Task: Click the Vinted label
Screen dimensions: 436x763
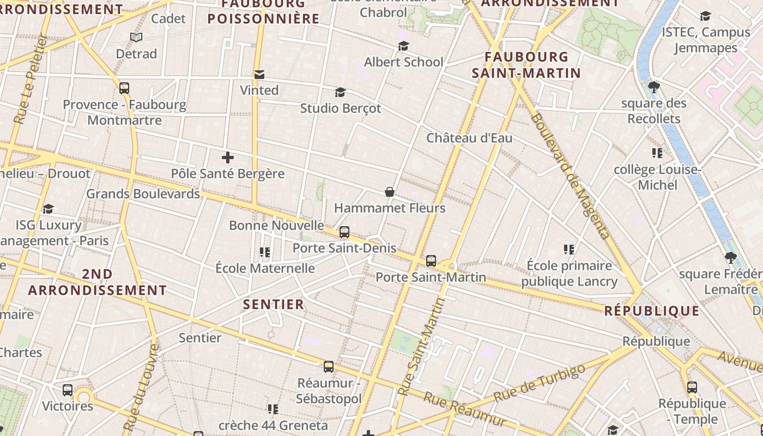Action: point(259,90)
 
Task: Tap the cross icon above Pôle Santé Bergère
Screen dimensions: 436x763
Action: point(228,158)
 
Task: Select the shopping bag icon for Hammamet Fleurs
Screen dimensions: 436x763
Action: point(390,192)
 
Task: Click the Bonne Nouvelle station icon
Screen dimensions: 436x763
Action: point(344,232)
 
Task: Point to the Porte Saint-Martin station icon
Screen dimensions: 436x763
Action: point(431,261)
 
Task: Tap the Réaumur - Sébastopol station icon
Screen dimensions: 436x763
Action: point(329,367)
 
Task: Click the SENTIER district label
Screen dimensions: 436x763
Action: point(273,305)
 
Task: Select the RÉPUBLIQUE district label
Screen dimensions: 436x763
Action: point(652,311)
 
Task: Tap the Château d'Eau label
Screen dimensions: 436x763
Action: point(469,138)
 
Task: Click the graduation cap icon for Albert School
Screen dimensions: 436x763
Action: point(403,46)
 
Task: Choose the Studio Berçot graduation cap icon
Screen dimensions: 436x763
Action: point(341,92)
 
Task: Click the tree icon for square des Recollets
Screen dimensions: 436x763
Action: point(654,87)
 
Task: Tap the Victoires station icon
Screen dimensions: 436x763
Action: point(68,390)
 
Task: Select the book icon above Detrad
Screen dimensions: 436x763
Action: point(136,38)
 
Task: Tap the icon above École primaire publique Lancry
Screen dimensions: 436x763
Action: point(569,250)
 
